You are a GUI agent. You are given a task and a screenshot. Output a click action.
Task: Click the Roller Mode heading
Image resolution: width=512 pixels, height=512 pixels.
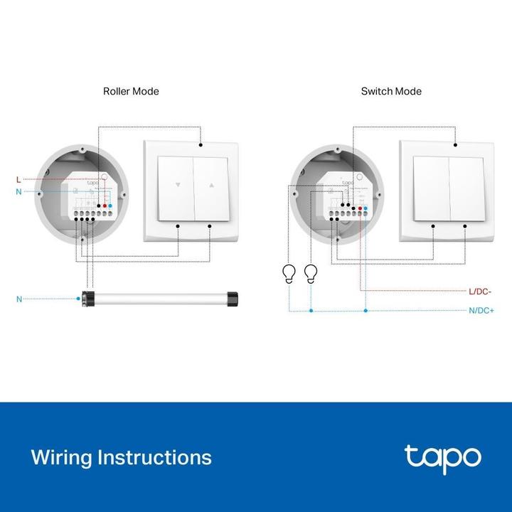(x=131, y=91)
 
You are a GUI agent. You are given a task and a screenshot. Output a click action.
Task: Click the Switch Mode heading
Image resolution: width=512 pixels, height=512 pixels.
(x=390, y=91)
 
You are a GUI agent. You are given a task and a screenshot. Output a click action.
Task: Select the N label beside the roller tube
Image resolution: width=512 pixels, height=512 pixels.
(x=18, y=299)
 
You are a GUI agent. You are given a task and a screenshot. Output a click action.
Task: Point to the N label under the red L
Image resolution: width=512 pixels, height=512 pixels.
(x=18, y=192)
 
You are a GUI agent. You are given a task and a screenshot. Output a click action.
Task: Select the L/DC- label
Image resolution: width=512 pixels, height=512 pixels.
(x=481, y=291)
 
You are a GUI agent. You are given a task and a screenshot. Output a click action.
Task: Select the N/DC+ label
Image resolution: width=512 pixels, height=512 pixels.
(x=481, y=311)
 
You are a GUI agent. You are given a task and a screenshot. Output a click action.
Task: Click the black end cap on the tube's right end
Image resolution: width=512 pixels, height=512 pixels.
(x=231, y=297)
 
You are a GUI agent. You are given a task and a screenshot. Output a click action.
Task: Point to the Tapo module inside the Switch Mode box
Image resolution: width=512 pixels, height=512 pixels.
(x=347, y=198)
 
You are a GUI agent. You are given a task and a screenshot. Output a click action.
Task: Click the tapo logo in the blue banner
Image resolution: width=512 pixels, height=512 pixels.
(x=442, y=457)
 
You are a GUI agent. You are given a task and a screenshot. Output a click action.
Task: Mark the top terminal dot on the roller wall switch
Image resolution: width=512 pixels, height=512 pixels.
(x=201, y=145)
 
